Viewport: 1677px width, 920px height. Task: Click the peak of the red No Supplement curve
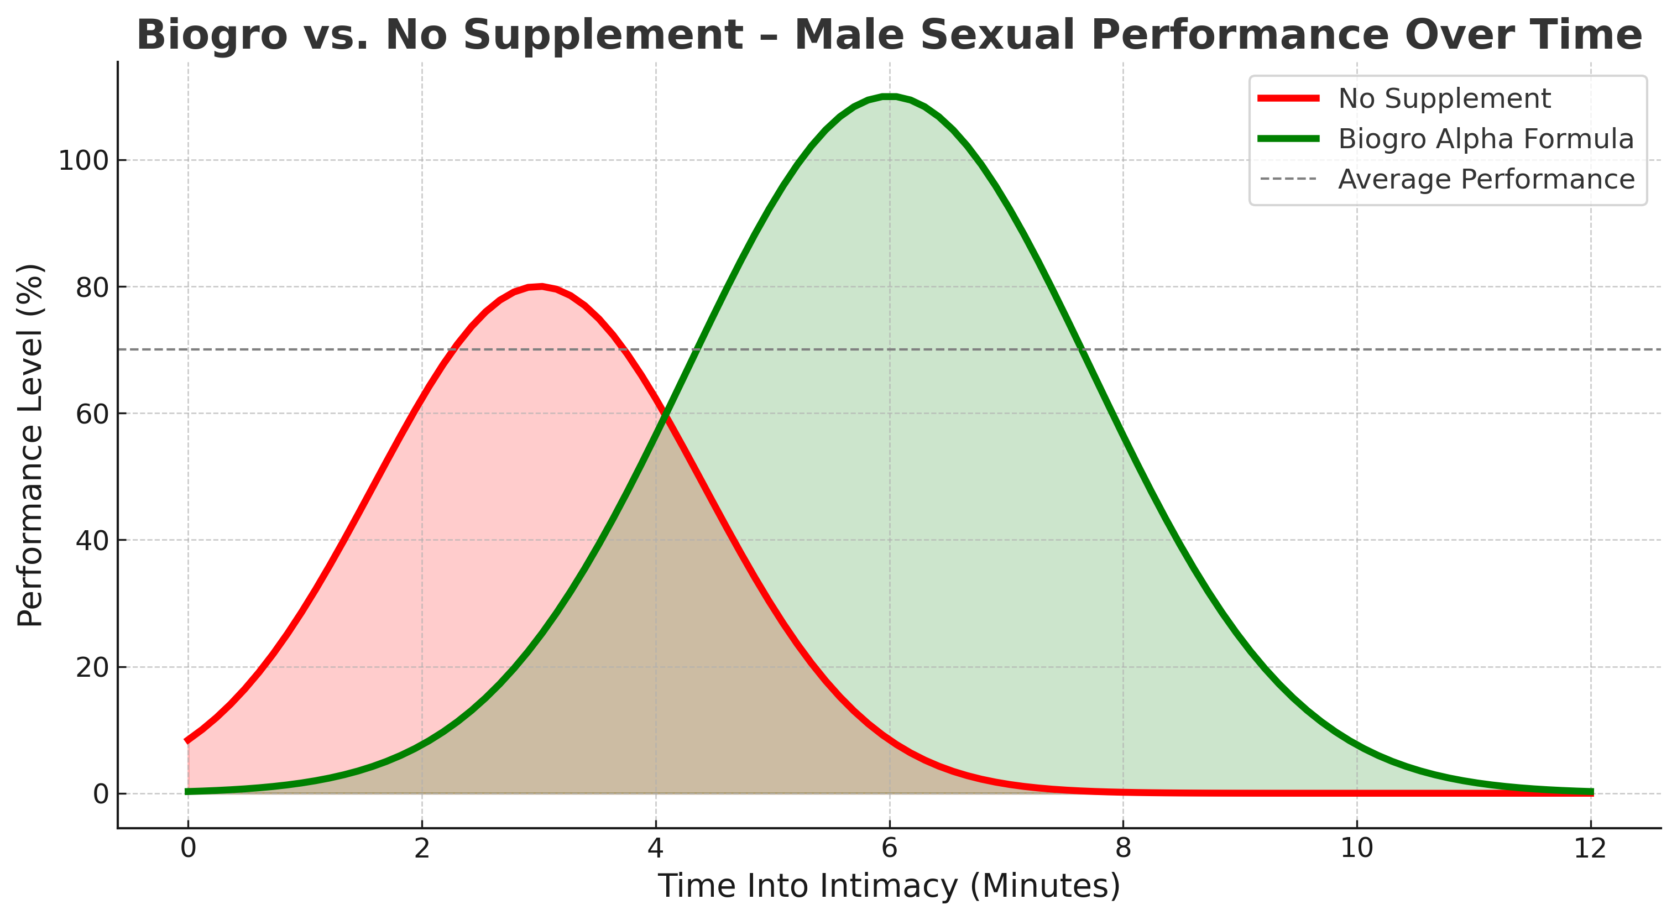tap(539, 286)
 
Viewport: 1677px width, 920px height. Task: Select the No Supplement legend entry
tap(1444, 99)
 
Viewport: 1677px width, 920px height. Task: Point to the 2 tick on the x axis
tap(422, 848)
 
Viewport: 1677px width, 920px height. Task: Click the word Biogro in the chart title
tap(212, 35)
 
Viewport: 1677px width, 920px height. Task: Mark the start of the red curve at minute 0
tap(188, 740)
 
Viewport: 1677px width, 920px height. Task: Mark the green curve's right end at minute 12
tap(1590, 792)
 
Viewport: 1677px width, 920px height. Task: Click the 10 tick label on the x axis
tap(1357, 848)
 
